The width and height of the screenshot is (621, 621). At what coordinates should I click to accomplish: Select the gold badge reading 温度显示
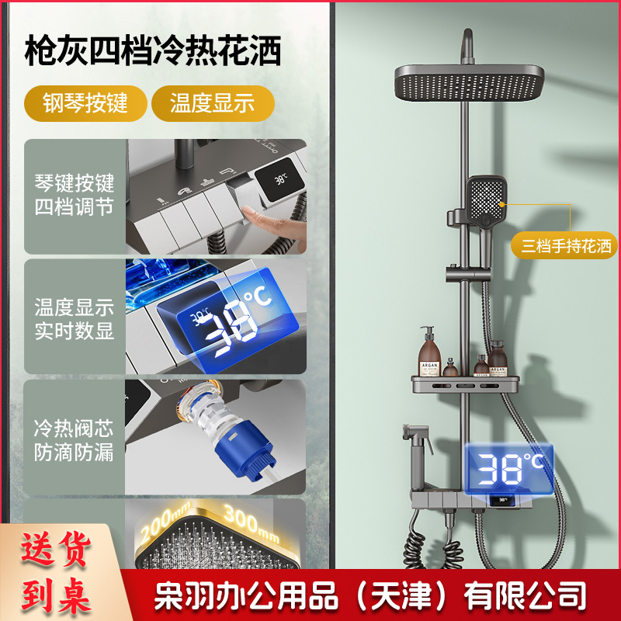(212, 104)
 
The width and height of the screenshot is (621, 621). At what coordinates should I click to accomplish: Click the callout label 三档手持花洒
(567, 247)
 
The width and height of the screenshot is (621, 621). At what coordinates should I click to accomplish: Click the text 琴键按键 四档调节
(75, 196)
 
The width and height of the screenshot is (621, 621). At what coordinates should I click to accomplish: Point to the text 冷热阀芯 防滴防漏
(75, 440)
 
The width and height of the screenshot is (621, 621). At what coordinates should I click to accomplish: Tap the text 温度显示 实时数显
(75, 318)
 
